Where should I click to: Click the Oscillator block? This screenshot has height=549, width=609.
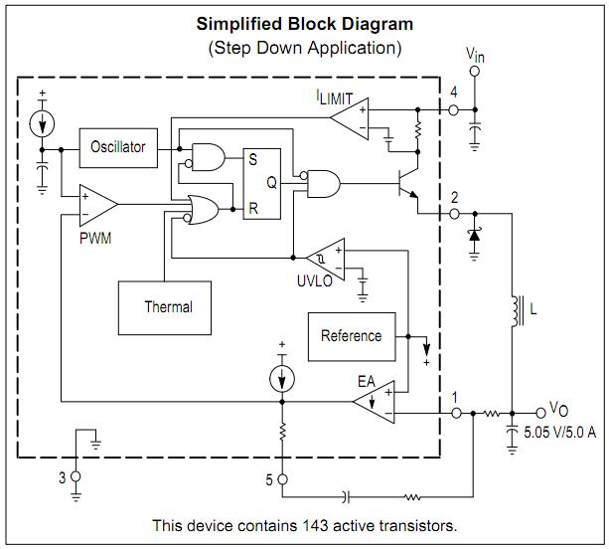(x=118, y=148)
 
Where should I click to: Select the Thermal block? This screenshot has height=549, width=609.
(x=165, y=308)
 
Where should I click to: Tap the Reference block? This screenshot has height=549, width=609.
(x=352, y=337)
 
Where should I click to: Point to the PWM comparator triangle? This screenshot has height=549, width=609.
(x=98, y=205)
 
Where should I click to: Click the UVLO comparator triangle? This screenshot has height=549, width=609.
(x=326, y=259)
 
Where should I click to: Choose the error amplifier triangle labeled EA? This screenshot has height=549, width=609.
(x=374, y=402)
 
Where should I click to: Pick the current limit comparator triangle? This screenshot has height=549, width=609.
(x=350, y=118)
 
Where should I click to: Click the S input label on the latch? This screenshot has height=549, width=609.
(x=253, y=159)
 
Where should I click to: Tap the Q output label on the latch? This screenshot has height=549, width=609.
(x=272, y=182)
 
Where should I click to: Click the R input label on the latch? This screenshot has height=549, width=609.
(x=253, y=209)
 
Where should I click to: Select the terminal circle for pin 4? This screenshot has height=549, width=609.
(x=453, y=110)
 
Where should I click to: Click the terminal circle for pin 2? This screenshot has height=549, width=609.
(x=454, y=214)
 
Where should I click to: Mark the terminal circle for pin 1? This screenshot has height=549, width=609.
(x=456, y=414)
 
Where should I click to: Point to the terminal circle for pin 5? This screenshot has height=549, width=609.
(x=283, y=479)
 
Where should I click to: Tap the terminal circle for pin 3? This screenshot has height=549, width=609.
(x=76, y=476)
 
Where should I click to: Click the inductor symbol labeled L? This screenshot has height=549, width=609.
(x=517, y=311)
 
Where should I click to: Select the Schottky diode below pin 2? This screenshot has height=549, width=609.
(x=474, y=235)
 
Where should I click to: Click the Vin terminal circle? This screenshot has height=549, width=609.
(x=474, y=72)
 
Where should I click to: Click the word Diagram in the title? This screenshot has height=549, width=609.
(x=378, y=24)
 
